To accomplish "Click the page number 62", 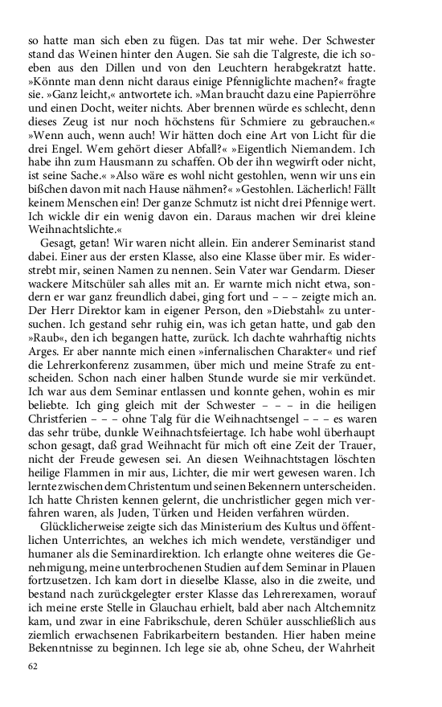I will pyautogui.click(x=33, y=666).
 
